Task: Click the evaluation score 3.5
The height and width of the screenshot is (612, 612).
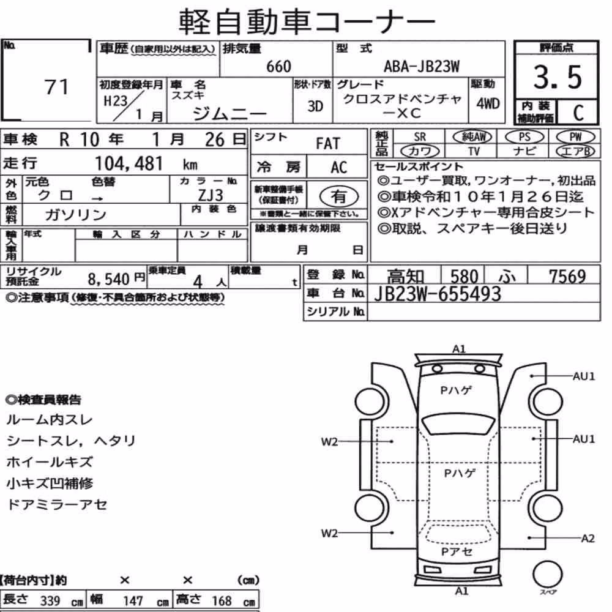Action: point(558,77)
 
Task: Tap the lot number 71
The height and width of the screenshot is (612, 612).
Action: point(56,87)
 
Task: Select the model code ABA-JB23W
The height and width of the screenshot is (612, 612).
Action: point(422,67)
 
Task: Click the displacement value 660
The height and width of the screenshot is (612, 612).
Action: point(278,67)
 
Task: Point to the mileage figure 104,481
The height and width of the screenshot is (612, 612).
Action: point(129,163)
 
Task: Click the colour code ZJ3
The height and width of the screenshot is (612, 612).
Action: point(211,195)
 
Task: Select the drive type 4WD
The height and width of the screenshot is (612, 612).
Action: point(488,104)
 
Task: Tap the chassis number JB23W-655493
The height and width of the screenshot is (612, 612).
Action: point(438,294)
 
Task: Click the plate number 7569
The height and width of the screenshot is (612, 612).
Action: point(567,277)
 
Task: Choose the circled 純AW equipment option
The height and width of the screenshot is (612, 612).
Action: point(472,136)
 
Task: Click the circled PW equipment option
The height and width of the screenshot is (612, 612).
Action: point(576,136)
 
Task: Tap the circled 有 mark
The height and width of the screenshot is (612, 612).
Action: point(339,196)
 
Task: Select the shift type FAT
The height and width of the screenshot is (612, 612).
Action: point(328,144)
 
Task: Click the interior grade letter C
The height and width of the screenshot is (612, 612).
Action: point(578,113)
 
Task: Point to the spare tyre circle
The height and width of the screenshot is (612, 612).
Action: point(548,574)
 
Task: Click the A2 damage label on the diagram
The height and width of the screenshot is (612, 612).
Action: point(588,539)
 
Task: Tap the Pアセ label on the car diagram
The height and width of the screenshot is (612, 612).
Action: point(457,551)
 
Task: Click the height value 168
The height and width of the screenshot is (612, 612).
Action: point(222,600)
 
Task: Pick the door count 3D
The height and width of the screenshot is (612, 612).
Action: point(315,106)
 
